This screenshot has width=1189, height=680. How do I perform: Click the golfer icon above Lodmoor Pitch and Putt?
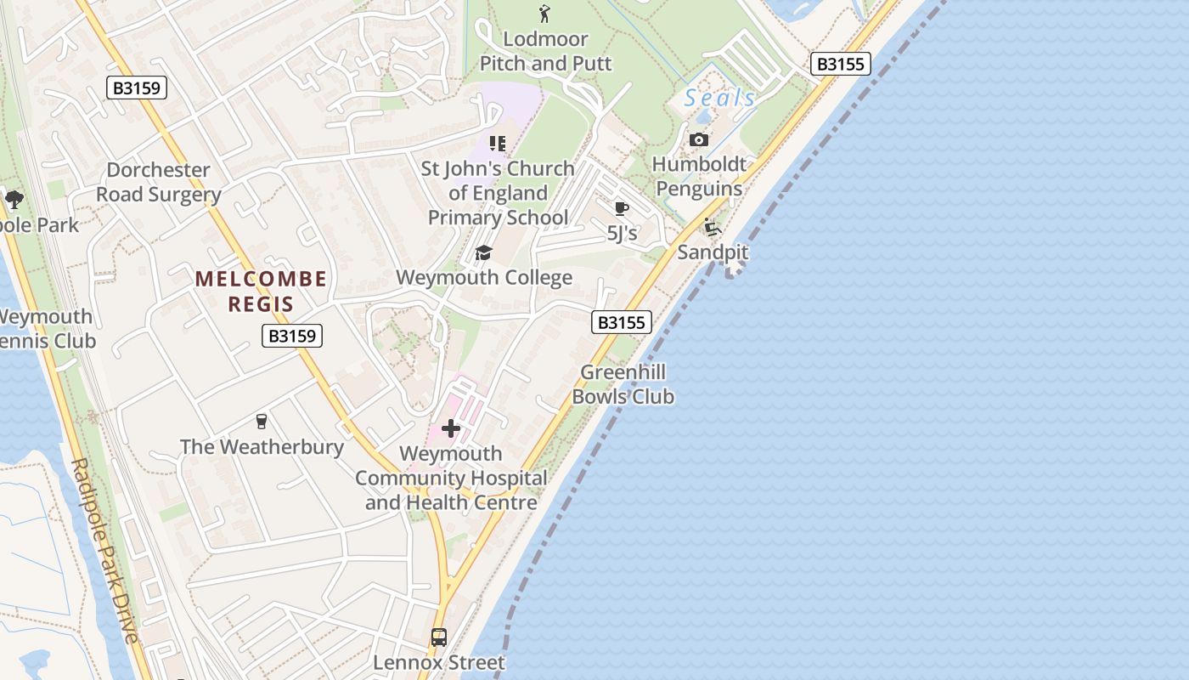(544, 14)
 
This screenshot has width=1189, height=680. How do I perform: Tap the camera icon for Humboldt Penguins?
(699, 139)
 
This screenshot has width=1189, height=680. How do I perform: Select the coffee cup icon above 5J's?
(621, 208)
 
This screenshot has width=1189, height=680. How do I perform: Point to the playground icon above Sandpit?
(712, 227)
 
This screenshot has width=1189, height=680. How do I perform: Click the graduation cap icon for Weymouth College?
(483, 252)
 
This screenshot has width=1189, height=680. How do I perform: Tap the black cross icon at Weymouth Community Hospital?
(451, 428)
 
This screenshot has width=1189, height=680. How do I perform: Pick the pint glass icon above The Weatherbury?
(262, 421)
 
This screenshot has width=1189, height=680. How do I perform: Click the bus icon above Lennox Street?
(439, 637)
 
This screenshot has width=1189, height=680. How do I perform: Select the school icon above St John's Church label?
(498, 143)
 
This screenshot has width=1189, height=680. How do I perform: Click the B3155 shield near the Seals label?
(841, 64)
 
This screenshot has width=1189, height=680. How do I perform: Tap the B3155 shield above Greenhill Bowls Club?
(622, 322)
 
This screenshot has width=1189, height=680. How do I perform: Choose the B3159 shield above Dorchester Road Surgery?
(137, 87)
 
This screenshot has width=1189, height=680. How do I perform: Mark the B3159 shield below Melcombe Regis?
(291, 336)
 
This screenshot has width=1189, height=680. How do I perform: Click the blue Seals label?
(719, 99)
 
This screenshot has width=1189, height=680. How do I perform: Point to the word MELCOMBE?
(261, 279)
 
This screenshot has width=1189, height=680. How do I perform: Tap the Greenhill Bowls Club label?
(623, 384)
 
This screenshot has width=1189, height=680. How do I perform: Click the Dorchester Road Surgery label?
(158, 182)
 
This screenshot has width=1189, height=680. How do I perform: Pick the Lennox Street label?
(439, 662)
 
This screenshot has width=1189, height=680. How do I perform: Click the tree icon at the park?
(14, 200)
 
